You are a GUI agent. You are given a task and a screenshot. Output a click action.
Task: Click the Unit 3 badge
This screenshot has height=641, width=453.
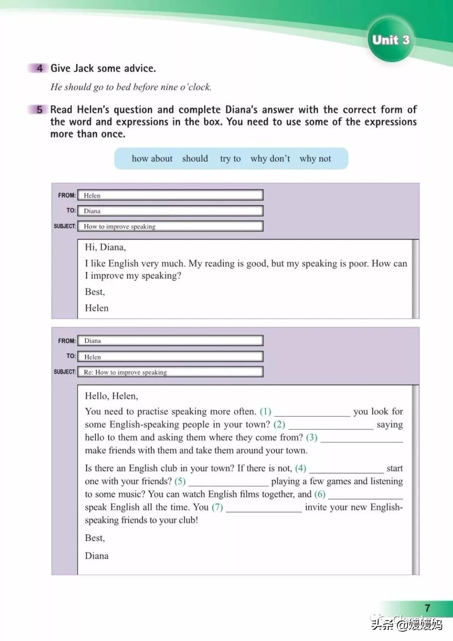[391, 40]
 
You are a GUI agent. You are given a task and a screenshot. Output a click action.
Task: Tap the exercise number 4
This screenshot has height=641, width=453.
[40, 68]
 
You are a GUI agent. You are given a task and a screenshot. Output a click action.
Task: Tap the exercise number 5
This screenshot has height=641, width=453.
[40, 110]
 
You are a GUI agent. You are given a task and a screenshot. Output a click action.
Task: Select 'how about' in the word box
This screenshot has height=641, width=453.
[152, 159]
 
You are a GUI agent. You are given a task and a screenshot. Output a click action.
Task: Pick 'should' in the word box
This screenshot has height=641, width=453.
[195, 159]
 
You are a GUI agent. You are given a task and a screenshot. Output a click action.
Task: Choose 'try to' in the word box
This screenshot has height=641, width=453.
[230, 159]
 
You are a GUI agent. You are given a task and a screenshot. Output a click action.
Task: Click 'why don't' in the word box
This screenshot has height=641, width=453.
[270, 159]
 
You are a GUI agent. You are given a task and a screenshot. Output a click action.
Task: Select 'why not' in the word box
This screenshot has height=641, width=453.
[315, 159]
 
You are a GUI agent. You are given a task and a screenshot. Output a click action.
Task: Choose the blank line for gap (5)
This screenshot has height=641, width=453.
[229, 483]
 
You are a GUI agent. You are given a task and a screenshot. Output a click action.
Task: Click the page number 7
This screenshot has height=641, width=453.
[428, 608]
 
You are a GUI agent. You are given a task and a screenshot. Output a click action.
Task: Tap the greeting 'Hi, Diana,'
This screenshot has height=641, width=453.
[105, 247]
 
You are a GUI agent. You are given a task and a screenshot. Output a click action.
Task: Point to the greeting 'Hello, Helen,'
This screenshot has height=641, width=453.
[111, 396]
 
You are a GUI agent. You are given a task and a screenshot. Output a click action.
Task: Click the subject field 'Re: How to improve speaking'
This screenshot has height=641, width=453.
[170, 372]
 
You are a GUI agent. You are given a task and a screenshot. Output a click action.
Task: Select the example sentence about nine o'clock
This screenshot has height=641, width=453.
[131, 87]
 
